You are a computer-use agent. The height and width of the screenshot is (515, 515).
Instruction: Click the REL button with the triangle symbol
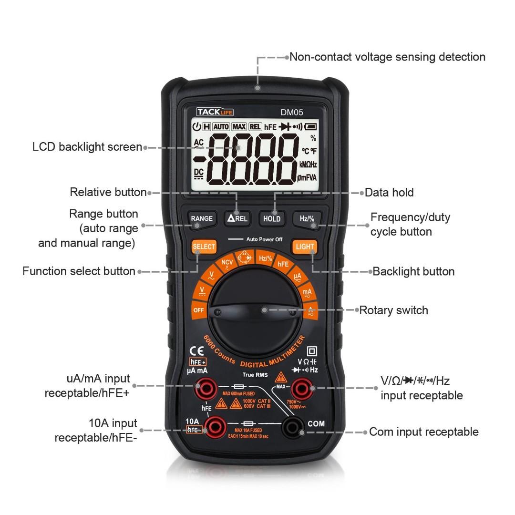237,218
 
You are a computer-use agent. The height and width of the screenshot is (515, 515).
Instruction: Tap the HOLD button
272,218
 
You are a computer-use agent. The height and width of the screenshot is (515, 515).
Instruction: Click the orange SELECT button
204,247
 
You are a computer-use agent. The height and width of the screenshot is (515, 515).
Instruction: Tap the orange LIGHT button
305,247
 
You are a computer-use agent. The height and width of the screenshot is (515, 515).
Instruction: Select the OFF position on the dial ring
198,310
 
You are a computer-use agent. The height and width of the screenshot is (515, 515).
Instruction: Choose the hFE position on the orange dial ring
283,264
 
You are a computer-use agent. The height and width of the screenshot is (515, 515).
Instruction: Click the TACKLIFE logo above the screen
215,112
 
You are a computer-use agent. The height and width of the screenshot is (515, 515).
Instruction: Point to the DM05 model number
291,112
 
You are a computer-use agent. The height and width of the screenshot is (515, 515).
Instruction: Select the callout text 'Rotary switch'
393,310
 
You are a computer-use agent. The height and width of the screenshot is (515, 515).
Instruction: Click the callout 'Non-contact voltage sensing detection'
387,57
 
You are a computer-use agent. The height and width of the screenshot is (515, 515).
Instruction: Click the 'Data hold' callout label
389,193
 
